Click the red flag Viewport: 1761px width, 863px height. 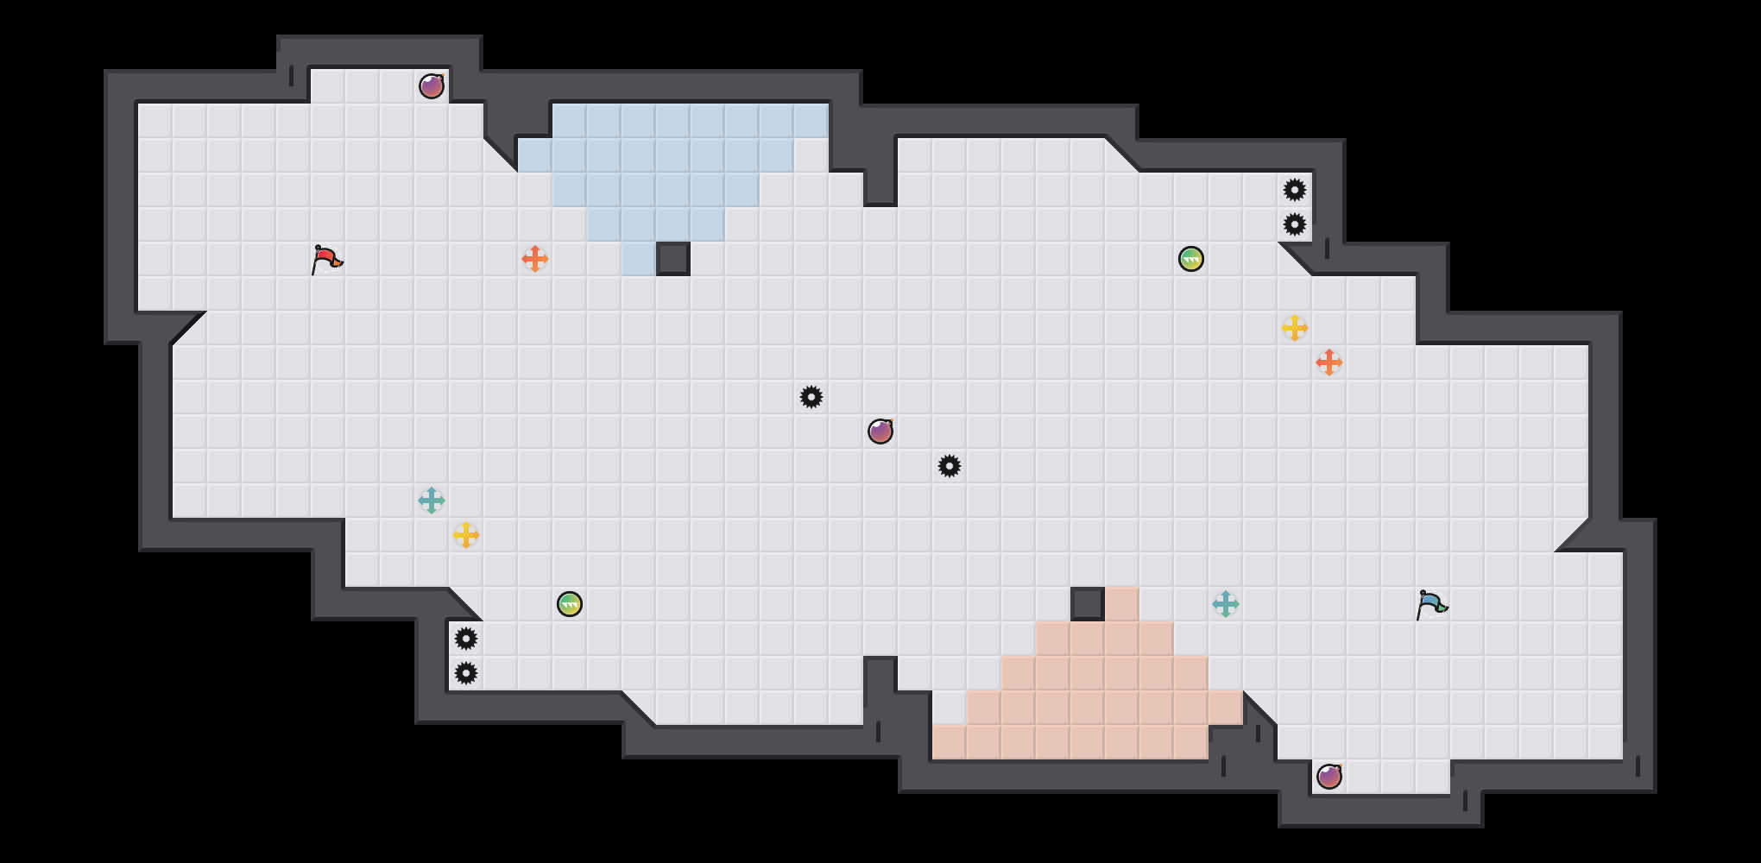(326, 259)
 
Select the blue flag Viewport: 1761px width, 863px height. (1431, 604)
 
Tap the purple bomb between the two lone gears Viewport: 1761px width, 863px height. (880, 431)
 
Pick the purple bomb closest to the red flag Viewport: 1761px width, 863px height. (432, 86)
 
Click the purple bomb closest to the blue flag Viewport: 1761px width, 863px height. (1329, 777)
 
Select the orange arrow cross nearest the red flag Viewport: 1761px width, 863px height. (535, 259)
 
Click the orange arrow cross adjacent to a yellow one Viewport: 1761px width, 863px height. (1329, 362)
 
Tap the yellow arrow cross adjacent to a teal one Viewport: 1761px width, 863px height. (466, 535)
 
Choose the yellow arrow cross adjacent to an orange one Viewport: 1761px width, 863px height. (1295, 328)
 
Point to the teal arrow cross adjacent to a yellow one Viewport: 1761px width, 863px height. (432, 501)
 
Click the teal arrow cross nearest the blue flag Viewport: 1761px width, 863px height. (1226, 604)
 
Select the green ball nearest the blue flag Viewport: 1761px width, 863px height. (1191, 259)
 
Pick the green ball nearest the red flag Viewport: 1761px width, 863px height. (570, 604)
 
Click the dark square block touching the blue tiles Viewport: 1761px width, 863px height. (673, 259)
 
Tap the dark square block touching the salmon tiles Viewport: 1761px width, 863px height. (1088, 604)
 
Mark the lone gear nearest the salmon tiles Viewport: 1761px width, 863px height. (950, 466)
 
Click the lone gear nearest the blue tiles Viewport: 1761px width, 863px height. (811, 397)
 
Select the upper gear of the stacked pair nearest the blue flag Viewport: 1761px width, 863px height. (1295, 190)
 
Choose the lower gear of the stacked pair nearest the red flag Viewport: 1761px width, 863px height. (466, 673)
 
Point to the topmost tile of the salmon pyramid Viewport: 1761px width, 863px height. (1122, 604)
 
